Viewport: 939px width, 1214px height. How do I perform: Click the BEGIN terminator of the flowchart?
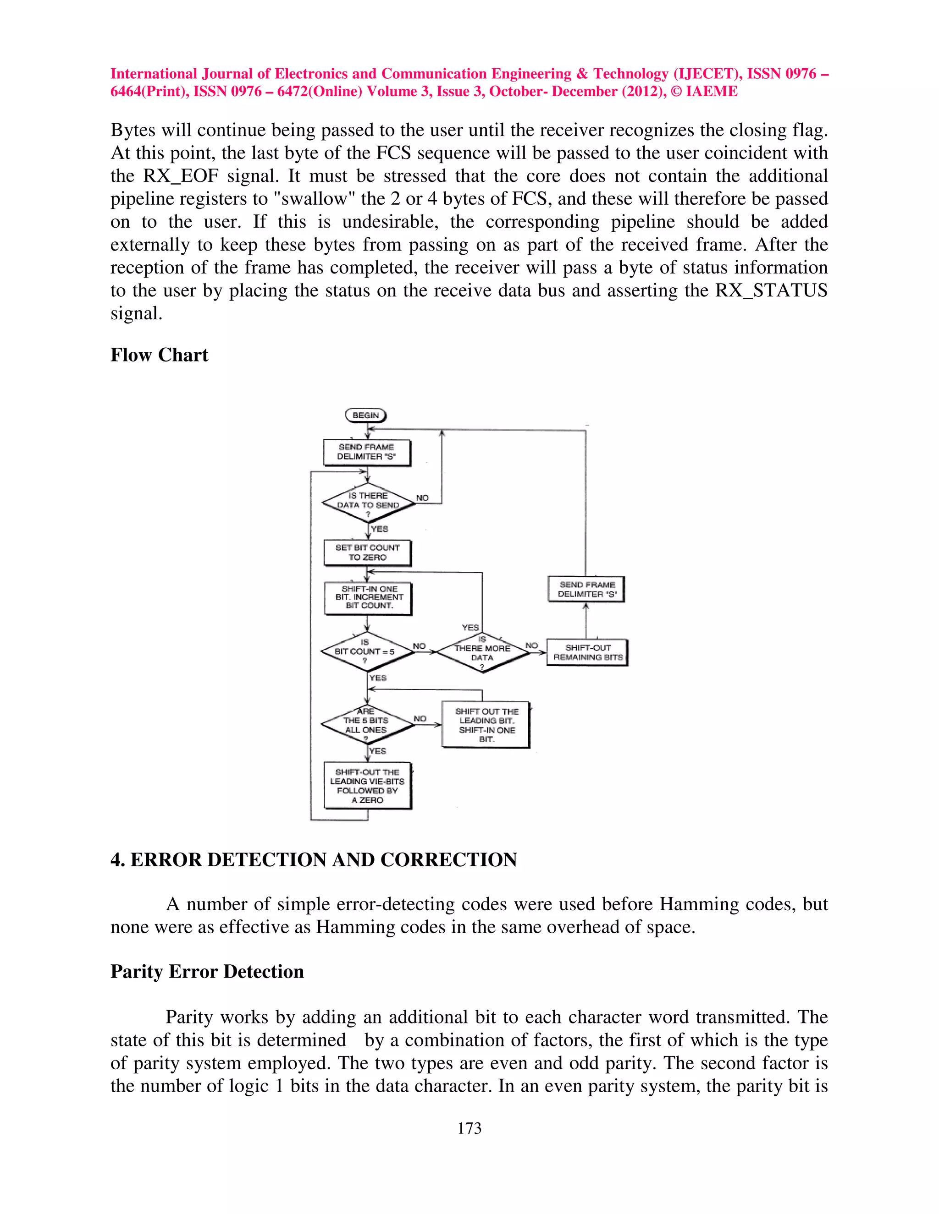365,415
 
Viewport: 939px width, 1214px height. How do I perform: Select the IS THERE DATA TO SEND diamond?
368,503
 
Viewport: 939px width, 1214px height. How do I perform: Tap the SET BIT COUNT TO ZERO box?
367,552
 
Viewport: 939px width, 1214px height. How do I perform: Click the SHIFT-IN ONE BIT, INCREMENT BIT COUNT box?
368,597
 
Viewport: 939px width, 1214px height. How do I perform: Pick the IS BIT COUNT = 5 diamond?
367,651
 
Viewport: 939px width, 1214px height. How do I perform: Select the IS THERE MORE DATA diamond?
482,652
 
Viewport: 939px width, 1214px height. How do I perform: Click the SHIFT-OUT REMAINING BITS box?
587,652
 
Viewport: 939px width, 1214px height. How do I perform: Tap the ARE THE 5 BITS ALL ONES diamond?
367,724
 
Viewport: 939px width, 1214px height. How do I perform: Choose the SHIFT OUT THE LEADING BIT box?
486,725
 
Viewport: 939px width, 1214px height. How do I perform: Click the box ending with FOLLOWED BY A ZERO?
368,785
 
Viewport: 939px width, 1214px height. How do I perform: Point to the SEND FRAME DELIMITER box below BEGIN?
367,452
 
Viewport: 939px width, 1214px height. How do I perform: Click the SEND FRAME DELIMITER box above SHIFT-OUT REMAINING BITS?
586,589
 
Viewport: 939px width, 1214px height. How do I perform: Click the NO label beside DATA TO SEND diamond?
422,498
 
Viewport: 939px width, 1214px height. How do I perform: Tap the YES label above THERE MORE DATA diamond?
470,627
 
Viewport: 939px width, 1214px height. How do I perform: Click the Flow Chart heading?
159,355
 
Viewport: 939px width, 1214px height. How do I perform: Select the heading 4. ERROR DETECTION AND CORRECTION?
314,859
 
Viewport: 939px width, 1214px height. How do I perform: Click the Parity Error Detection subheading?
207,971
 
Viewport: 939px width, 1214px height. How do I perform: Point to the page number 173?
469,1128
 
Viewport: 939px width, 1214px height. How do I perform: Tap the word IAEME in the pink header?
712,91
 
